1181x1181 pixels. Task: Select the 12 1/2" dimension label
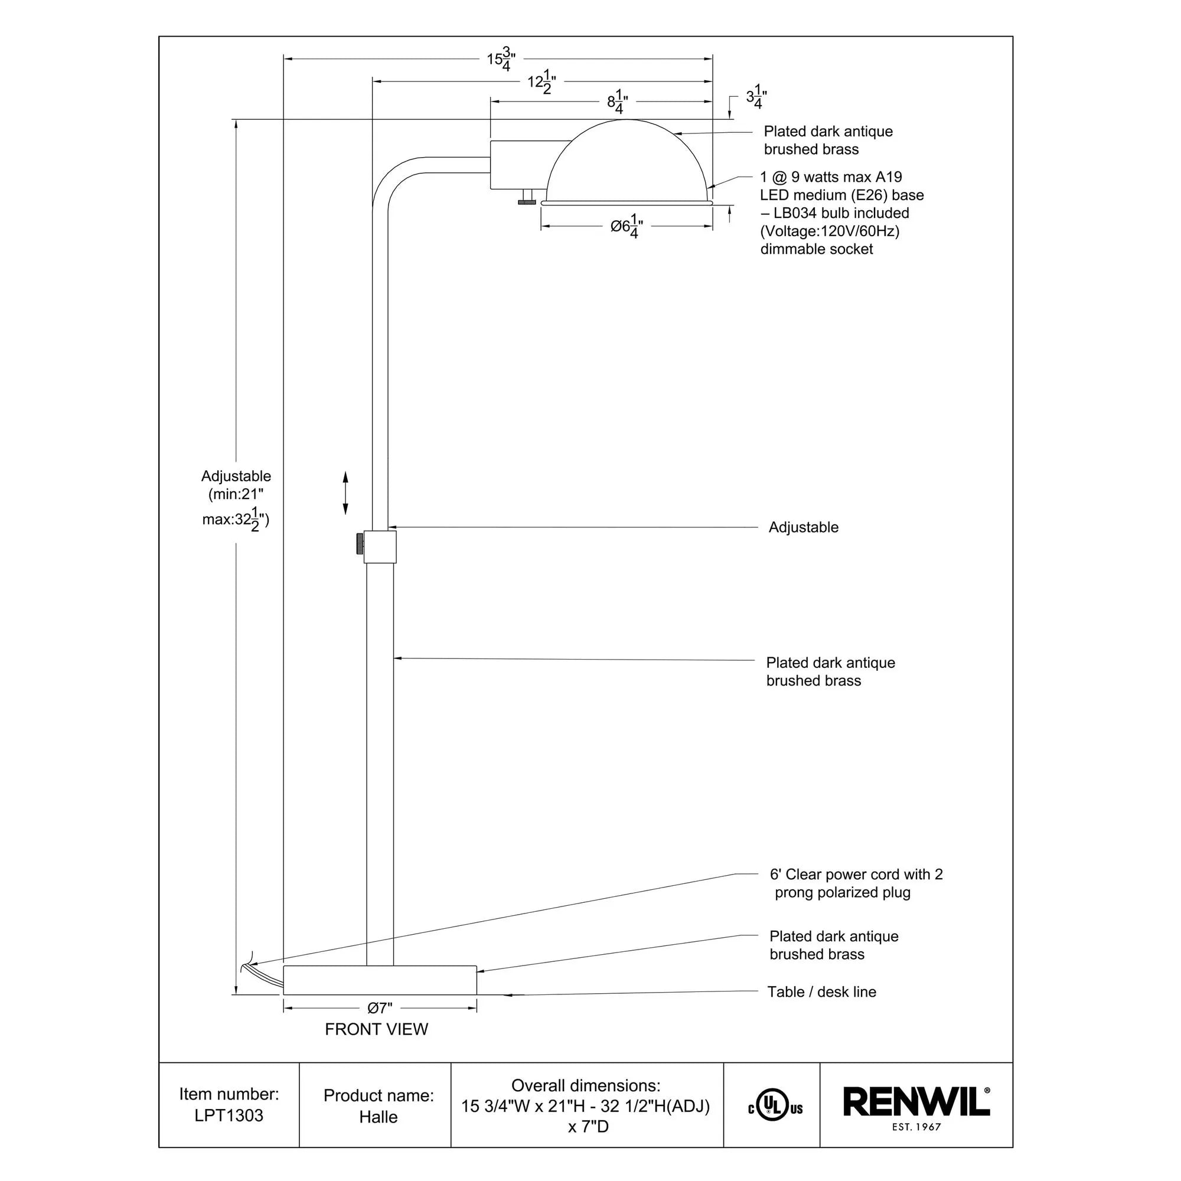541,83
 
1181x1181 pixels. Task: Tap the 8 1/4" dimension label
618,102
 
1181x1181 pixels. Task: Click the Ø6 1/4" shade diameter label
627,226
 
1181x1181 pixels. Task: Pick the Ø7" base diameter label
379,1008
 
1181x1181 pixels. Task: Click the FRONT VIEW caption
376,1029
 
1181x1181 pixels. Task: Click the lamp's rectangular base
380,980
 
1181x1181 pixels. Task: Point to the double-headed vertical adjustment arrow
345,492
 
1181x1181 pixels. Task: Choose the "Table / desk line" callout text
821,991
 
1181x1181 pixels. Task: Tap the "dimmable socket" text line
816,249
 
